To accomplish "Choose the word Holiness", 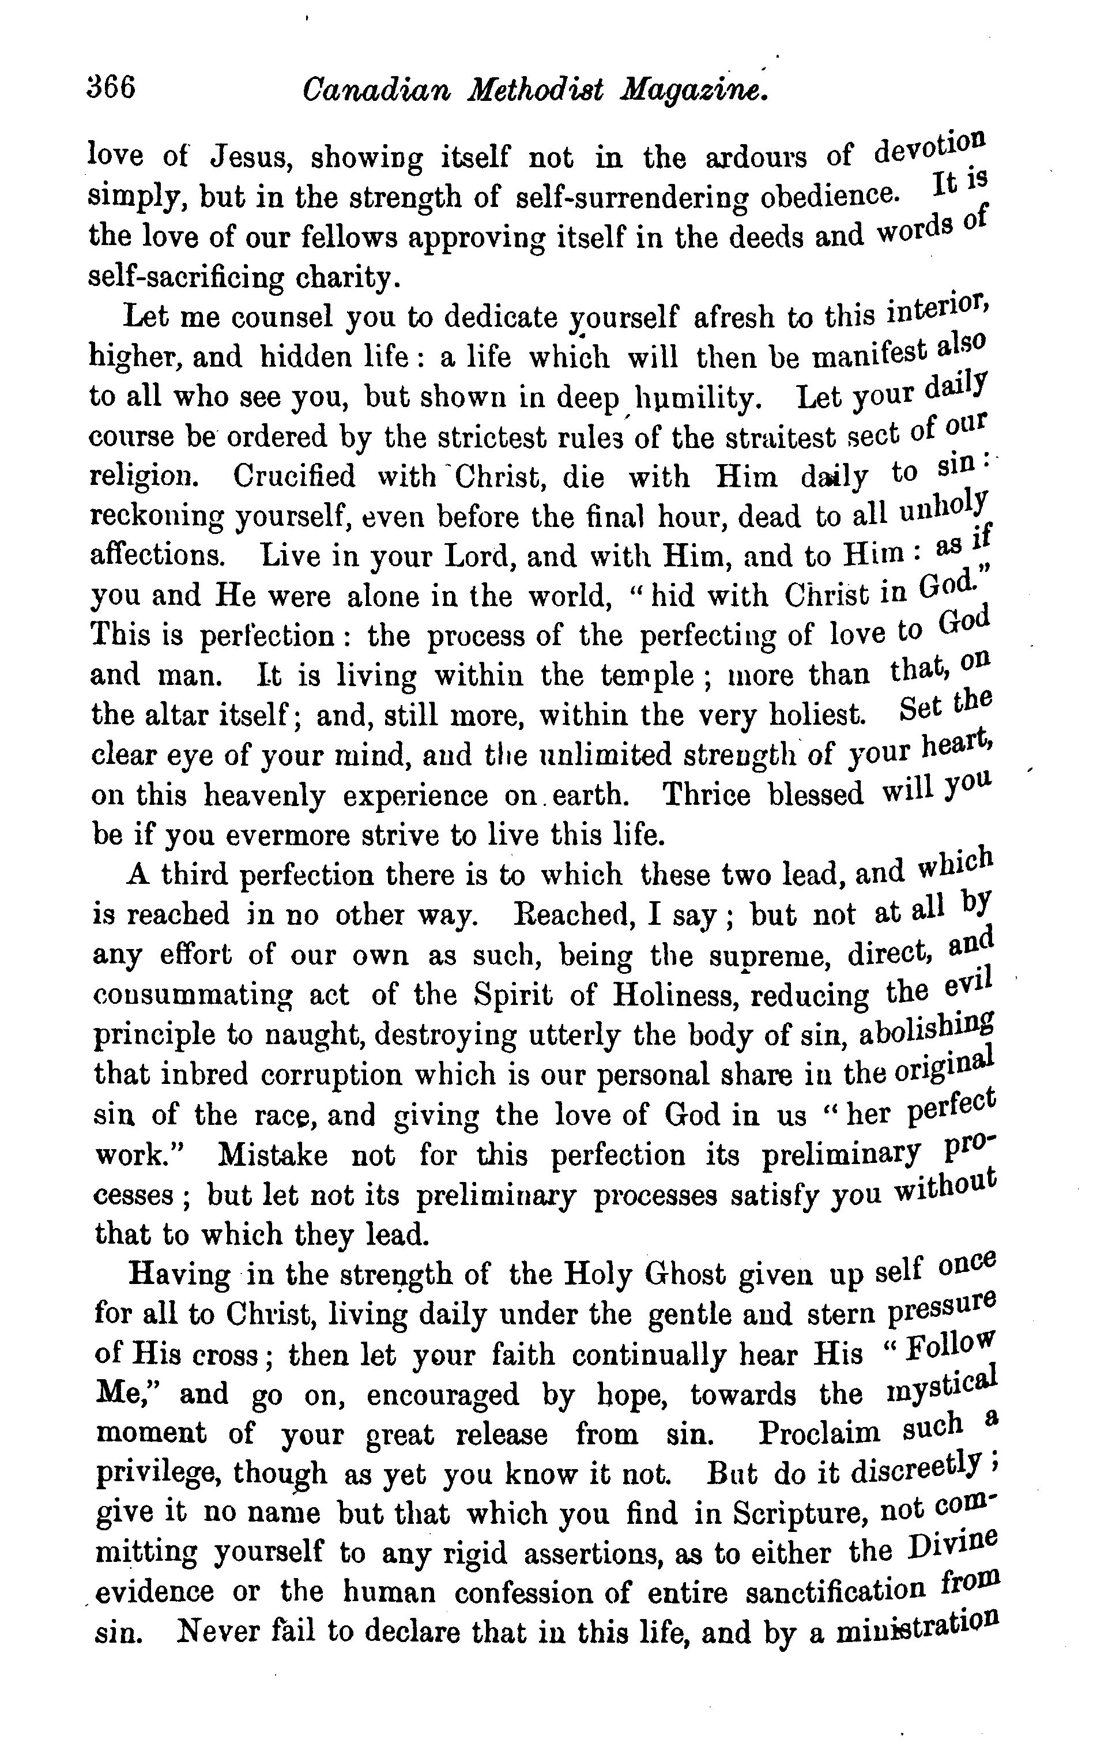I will pos(674,995).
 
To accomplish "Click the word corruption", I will pos(331,1075).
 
